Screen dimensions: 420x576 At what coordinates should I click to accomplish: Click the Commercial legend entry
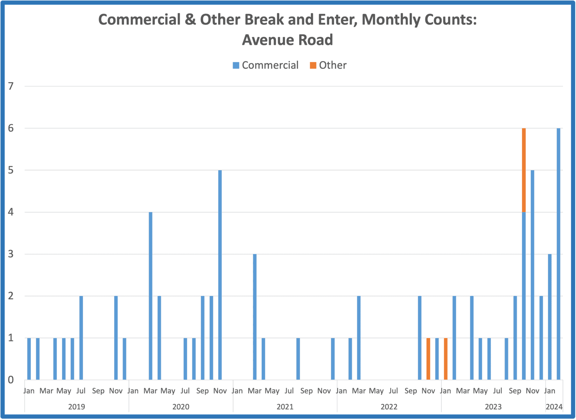pos(266,65)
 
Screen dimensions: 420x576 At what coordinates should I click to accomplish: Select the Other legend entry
pos(328,65)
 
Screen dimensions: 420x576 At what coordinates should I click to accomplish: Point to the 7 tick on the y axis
pos(11,86)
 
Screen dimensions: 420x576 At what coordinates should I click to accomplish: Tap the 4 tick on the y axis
pos(11,212)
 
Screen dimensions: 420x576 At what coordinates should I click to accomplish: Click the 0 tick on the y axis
pos(11,380)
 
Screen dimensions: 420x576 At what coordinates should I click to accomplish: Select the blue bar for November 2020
pos(220,275)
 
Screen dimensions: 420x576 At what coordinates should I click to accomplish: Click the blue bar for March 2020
pos(150,296)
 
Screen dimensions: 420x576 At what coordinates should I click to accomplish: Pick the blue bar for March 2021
pos(255,317)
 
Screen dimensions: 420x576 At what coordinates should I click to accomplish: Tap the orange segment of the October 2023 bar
pos(524,170)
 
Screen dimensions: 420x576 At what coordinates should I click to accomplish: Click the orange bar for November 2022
pos(428,359)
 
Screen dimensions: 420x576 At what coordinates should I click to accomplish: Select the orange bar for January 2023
pos(445,359)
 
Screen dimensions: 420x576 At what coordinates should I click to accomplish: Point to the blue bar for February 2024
pos(559,254)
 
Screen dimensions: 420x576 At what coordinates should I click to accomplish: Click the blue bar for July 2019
pos(81,338)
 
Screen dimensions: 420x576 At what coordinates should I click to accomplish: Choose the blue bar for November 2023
pos(532,275)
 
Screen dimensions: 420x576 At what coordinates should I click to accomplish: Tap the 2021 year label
pos(285,407)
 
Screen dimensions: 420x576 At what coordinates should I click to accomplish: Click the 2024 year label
pos(554,407)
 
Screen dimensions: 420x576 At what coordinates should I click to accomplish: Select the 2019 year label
pos(77,407)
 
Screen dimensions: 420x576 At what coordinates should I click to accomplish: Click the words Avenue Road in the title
pos(288,40)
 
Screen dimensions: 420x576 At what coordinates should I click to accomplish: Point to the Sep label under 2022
pos(411,391)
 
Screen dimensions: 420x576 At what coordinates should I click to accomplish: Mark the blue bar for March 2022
pos(359,338)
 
